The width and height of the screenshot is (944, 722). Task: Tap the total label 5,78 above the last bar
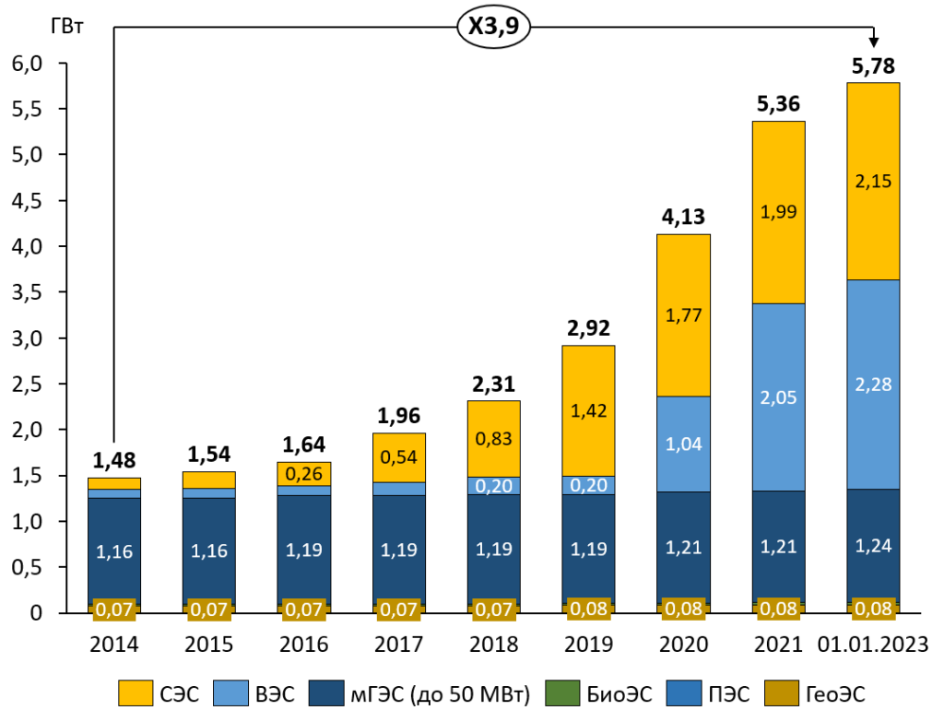click(x=872, y=65)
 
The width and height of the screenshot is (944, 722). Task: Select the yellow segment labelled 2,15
click(x=872, y=181)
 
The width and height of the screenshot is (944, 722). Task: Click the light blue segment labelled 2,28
click(x=872, y=384)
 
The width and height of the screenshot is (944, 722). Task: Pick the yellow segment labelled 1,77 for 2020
click(x=683, y=315)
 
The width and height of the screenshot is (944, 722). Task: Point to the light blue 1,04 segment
click(x=683, y=443)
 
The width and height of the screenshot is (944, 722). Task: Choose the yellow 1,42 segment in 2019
click(x=588, y=410)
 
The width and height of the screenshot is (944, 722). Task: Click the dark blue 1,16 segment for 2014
click(x=114, y=551)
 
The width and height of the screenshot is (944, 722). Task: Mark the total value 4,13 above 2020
click(x=683, y=219)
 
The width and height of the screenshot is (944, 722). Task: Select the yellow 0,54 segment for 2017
click(x=398, y=457)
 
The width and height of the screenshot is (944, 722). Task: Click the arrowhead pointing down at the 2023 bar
click(x=873, y=41)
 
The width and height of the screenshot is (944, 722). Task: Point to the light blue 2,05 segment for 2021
click(x=778, y=397)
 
